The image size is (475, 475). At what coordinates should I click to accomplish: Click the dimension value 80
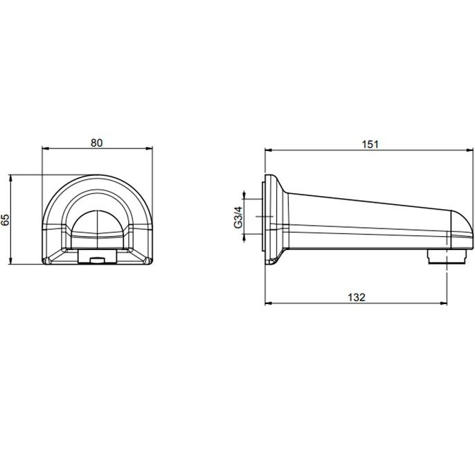97,143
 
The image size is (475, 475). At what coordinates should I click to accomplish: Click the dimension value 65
6,219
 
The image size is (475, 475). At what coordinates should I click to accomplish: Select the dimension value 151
370,144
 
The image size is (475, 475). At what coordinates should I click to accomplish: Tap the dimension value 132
357,297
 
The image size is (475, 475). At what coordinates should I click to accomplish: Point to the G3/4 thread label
238,217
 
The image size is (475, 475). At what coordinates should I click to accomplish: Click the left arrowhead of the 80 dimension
45,148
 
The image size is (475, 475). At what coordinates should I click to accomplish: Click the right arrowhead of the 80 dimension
150,148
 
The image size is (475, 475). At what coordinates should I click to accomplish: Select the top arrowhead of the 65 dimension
10,178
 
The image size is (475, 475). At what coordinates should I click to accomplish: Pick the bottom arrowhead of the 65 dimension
10,261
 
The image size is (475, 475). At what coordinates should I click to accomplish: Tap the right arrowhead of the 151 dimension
469,150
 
